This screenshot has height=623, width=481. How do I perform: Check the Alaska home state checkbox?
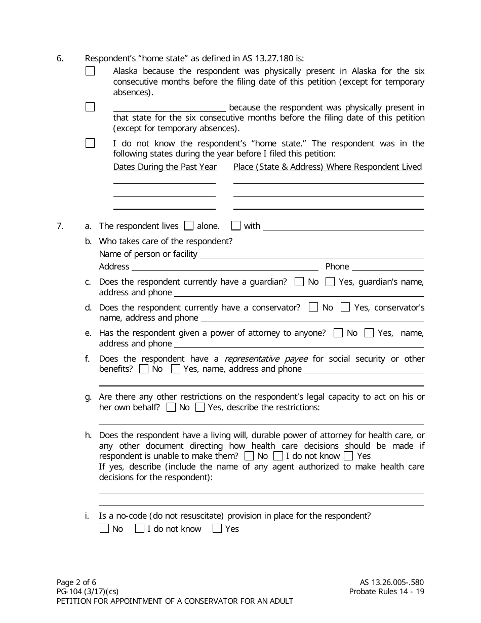(x=90, y=71)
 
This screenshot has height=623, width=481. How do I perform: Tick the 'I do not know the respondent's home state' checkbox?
(x=90, y=143)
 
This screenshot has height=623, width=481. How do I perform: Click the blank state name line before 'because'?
(x=170, y=107)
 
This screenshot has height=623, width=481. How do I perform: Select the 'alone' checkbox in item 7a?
(x=189, y=226)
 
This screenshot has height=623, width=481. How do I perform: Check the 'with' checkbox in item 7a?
(x=236, y=226)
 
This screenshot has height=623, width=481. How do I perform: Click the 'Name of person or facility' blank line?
(x=312, y=254)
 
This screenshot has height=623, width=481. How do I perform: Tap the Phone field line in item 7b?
(x=387, y=267)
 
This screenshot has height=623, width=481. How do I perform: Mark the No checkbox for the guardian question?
(x=300, y=282)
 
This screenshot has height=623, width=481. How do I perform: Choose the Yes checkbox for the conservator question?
(x=345, y=307)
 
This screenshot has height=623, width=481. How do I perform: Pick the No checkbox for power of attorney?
(x=338, y=333)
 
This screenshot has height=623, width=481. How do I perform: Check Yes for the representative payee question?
(x=176, y=369)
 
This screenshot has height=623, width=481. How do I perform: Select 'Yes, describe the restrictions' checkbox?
(x=200, y=407)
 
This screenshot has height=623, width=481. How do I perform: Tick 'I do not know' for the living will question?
(x=278, y=456)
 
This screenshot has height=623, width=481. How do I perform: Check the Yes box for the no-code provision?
(x=217, y=529)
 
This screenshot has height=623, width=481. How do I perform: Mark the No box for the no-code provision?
(x=104, y=529)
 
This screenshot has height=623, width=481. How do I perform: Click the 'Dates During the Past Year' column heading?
(x=165, y=167)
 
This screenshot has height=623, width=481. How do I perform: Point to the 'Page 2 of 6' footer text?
(x=76, y=582)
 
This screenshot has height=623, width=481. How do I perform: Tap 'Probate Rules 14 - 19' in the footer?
(x=386, y=592)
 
